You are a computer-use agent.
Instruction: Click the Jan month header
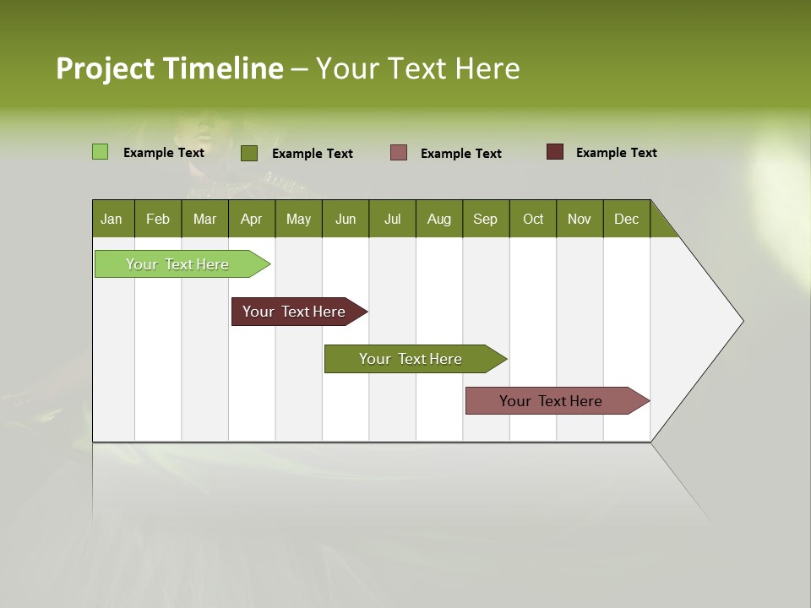(112, 219)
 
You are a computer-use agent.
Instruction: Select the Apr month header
(252, 219)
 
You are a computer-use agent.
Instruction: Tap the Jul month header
(392, 219)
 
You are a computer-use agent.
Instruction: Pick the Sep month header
(485, 219)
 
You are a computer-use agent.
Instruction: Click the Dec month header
(626, 219)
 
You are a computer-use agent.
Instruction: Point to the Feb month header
(158, 219)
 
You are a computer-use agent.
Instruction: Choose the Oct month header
(533, 219)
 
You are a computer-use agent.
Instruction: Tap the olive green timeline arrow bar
(411, 359)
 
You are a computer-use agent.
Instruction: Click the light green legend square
(100, 152)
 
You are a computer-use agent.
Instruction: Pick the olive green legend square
(248, 153)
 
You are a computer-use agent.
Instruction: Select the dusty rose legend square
(399, 153)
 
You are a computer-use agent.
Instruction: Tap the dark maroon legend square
(554, 152)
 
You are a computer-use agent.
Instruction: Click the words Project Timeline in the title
(169, 68)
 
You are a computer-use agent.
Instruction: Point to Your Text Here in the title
(417, 68)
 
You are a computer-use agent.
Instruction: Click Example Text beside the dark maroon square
(616, 152)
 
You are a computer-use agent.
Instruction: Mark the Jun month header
(346, 219)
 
